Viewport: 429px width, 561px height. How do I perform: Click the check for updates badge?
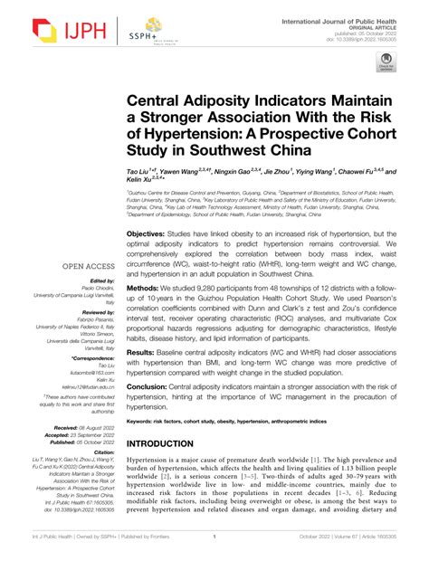tap(386, 62)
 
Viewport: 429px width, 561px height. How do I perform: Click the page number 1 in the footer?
tap(214, 548)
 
